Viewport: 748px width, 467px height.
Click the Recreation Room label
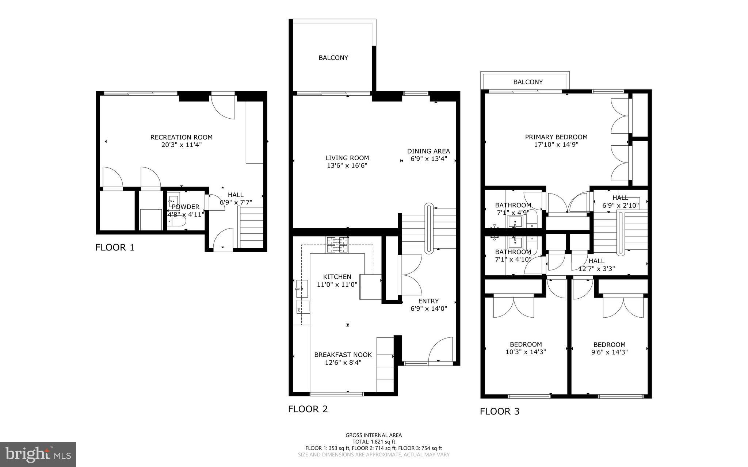click(x=181, y=137)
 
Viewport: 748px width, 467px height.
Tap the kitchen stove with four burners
click(x=337, y=245)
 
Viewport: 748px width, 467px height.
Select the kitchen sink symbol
click(x=302, y=288)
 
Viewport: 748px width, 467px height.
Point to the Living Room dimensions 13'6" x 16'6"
click(x=347, y=165)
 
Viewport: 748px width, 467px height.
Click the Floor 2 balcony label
click(x=333, y=58)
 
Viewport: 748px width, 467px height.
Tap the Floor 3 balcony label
click(x=528, y=82)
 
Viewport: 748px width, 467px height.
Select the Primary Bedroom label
click(x=556, y=137)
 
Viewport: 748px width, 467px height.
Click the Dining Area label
click(x=428, y=151)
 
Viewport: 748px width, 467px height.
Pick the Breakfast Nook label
click(x=343, y=355)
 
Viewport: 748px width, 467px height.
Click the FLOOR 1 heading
click(x=115, y=248)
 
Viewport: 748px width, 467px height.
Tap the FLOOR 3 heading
click(x=499, y=412)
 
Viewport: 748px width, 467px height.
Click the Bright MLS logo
click(x=38, y=454)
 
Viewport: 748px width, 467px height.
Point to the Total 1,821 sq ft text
click(x=374, y=441)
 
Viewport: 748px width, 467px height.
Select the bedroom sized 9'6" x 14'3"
click(x=609, y=348)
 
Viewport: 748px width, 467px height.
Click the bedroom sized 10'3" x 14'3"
click(x=526, y=348)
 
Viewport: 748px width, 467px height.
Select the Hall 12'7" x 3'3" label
click(x=596, y=265)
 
